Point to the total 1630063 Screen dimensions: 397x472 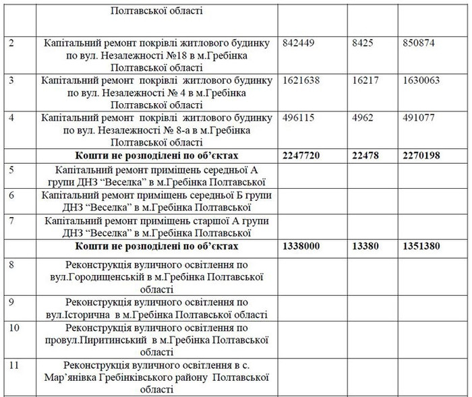click(420, 80)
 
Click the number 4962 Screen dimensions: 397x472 click(365, 117)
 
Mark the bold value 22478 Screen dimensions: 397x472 click(367, 155)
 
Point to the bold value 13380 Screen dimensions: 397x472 click(367, 247)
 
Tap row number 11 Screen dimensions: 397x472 click(14, 365)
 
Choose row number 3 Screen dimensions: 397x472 click(11, 80)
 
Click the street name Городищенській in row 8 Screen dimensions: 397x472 click(111, 276)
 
